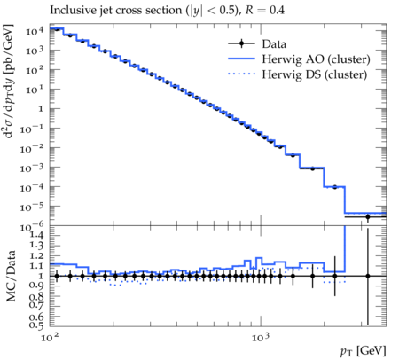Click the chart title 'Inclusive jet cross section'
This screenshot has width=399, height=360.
[117, 10]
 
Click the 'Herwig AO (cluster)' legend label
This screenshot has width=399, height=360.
[316, 59]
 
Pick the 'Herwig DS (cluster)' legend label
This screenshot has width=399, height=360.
[315, 74]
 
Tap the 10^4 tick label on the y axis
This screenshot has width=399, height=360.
[35, 31]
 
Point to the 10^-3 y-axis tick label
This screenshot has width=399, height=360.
[32, 168]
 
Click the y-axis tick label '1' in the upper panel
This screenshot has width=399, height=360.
[41, 109]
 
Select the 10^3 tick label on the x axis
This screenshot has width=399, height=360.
[261, 337]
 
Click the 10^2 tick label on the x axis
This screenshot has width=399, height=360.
[50, 337]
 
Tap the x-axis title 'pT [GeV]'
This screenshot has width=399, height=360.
[364, 351]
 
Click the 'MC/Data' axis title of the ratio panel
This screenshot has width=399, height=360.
[11, 276]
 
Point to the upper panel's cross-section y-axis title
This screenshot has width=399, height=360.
[9, 82]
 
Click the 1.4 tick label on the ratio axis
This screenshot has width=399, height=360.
[36, 235]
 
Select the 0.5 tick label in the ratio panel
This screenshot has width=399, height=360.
[36, 325]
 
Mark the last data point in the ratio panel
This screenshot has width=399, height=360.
[368, 276]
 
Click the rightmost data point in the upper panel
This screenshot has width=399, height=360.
[368, 217]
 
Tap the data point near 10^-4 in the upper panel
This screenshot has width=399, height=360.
[334, 187]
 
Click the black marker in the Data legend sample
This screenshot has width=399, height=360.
[241, 43]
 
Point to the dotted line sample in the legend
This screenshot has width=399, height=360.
[241, 74]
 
